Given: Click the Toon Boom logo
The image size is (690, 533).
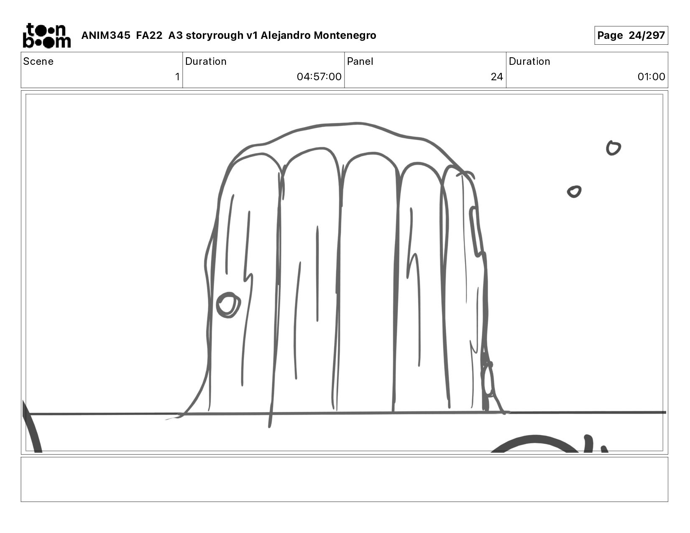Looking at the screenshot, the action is click(47, 36).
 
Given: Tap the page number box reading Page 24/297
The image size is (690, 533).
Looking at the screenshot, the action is click(631, 35).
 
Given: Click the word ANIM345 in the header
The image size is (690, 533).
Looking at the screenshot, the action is click(106, 35).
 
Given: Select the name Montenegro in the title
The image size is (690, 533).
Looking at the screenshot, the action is click(345, 35).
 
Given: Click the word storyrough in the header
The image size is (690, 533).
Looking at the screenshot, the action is click(215, 35).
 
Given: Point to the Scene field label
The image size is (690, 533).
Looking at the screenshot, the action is click(38, 61).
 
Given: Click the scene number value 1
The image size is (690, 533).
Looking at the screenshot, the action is click(177, 77).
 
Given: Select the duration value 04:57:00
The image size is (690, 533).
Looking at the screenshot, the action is click(319, 77).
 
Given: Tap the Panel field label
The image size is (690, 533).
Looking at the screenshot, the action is click(360, 61).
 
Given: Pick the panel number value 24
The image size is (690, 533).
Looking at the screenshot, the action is click(497, 77).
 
